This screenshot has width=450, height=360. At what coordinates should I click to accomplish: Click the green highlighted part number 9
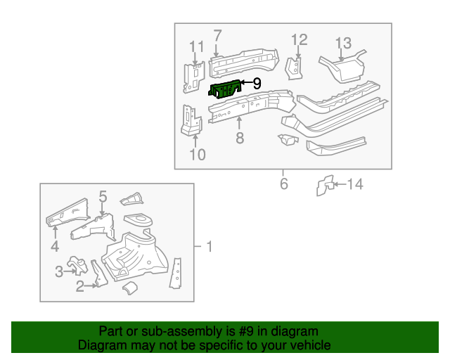(x=224, y=90)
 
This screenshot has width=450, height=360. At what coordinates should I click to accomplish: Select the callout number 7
(x=217, y=36)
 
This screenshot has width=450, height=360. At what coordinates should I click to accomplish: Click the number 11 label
(x=196, y=48)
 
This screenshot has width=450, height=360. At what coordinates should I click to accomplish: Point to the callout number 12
(x=299, y=39)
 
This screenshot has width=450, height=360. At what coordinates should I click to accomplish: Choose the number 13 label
(x=342, y=44)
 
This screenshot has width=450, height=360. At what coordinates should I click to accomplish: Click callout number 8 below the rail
(x=240, y=138)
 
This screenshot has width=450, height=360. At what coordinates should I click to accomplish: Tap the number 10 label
(x=198, y=154)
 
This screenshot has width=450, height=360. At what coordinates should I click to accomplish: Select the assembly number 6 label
(x=283, y=184)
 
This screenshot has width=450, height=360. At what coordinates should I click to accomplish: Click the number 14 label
(x=355, y=185)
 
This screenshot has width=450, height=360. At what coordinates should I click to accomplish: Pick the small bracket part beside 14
(x=324, y=186)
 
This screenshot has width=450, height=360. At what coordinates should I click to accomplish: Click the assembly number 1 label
(x=209, y=247)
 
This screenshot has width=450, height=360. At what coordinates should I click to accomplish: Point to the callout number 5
(x=103, y=197)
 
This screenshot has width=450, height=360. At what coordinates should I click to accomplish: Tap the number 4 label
(x=55, y=246)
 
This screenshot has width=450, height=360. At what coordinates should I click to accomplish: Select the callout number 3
(x=59, y=271)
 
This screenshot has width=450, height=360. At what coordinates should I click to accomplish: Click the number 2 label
(x=79, y=285)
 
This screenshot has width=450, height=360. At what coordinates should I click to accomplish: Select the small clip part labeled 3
(x=77, y=266)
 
